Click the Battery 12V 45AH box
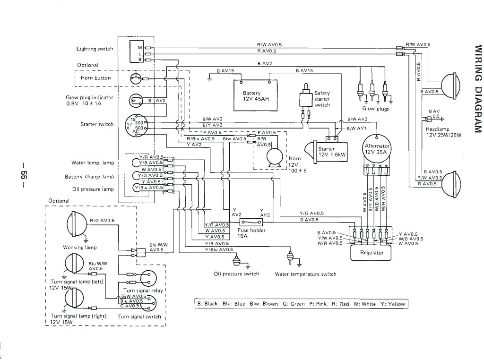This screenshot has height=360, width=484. (x=255, y=96)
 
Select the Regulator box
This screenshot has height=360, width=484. (x=372, y=253)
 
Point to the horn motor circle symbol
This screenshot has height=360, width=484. (x=274, y=157)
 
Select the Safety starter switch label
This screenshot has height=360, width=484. (x=322, y=99)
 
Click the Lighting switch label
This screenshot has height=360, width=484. (x=95, y=49)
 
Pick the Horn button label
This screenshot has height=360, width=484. (x=96, y=78)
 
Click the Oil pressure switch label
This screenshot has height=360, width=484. (x=236, y=274)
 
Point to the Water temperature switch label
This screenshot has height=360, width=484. (x=305, y=274)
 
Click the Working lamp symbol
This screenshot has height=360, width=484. (x=76, y=223)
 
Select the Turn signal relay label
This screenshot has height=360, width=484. (x=143, y=291)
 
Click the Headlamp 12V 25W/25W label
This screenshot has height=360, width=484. (x=443, y=132)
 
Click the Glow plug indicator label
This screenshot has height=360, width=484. (x=89, y=100)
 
